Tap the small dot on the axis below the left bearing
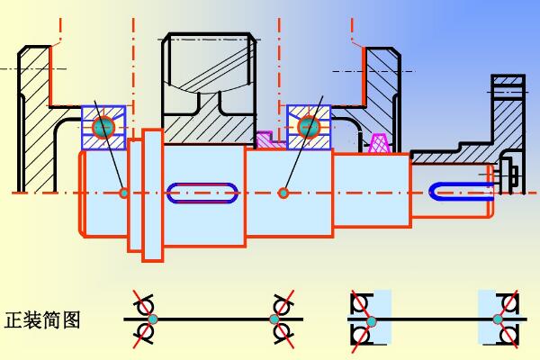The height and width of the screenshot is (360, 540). point(123,191)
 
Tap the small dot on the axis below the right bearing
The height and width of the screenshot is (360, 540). point(283,191)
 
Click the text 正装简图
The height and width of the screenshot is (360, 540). point(43,320)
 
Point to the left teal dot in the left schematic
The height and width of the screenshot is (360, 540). point(152,319)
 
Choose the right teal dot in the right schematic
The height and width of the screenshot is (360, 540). point(498,319)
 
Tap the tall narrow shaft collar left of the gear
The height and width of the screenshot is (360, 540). point(152,193)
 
